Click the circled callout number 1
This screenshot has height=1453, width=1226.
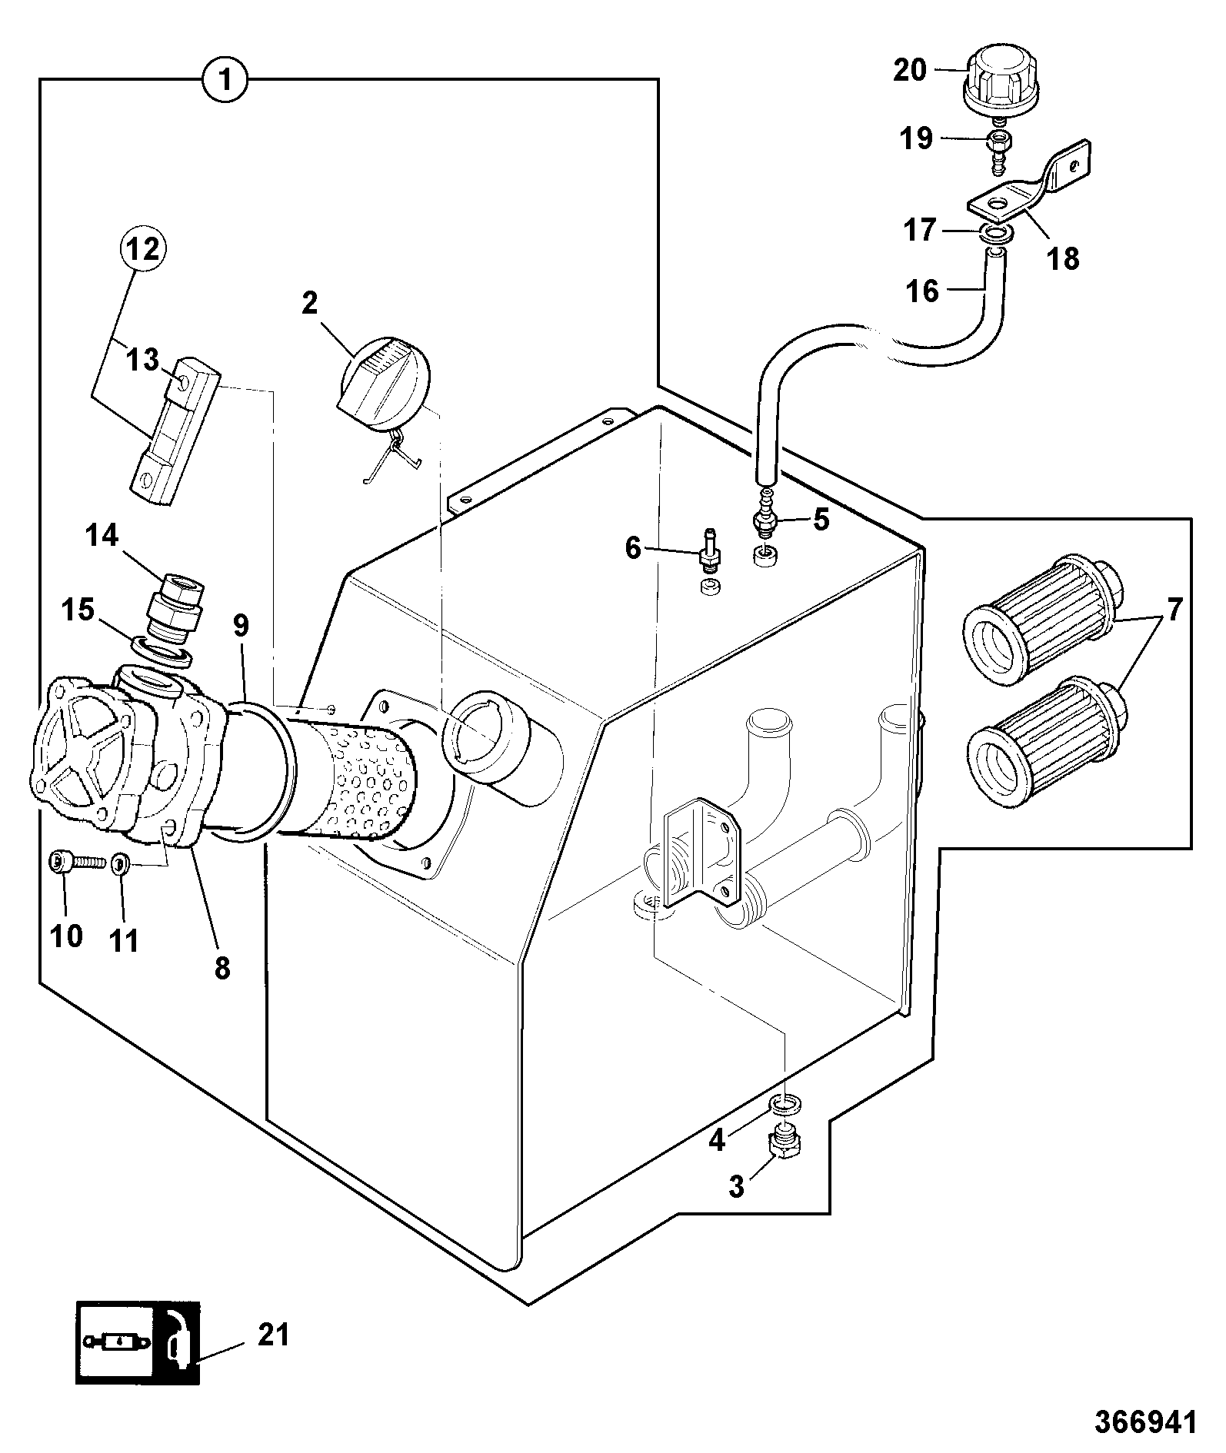225,80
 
